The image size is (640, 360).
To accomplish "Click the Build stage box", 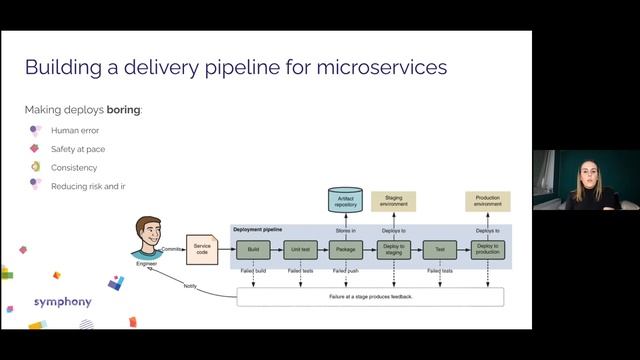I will (x=253, y=250).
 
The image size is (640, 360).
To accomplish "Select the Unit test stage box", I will (x=300, y=250).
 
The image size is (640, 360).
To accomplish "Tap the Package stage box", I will (x=346, y=250).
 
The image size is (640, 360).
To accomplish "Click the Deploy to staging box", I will (x=393, y=250).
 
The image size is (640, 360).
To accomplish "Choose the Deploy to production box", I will (x=487, y=250).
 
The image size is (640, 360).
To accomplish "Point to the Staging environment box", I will (x=394, y=201).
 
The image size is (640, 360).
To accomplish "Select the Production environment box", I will (x=487, y=201).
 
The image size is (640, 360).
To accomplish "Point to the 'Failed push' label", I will (x=346, y=271).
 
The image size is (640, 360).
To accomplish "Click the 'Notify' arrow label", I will (x=190, y=286).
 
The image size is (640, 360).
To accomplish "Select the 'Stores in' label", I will (x=346, y=230).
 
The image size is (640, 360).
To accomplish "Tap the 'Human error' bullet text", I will (x=74, y=130).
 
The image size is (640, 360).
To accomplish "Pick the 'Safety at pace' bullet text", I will (x=78, y=149).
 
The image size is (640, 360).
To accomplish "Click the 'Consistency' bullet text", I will (x=75, y=167).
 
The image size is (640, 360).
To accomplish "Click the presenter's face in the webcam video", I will (x=583, y=169).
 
